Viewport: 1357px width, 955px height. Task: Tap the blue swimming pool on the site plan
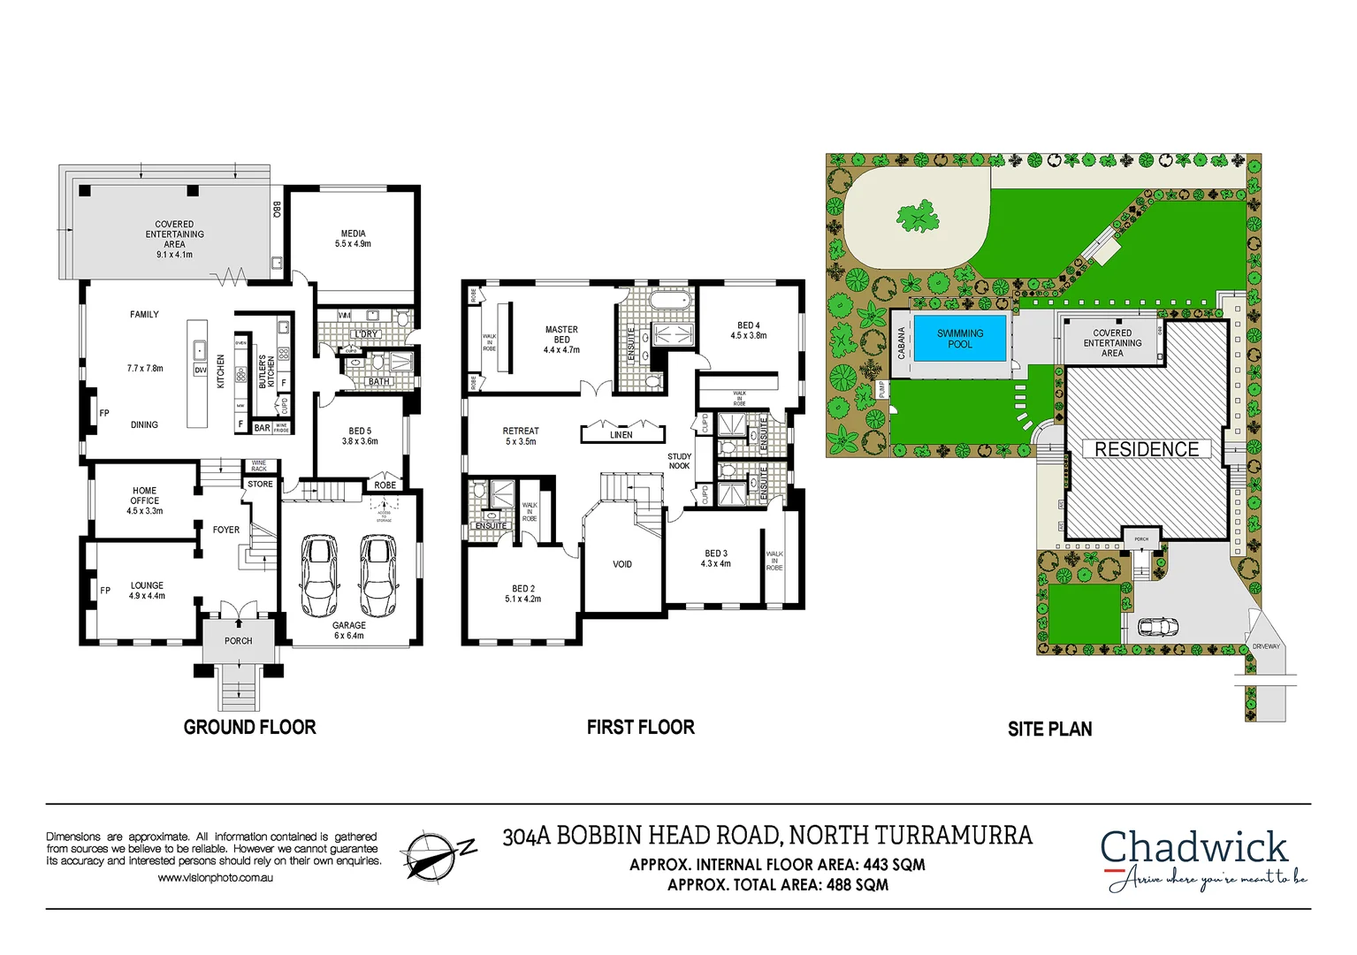960,339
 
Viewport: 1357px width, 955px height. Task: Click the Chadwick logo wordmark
1193,847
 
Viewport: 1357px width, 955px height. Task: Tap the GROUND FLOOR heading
249,727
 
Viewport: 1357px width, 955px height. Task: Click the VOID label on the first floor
622,564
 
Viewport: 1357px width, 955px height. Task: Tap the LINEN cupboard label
621,435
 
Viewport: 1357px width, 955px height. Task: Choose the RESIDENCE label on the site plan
1147,449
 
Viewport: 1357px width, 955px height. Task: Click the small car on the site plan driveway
1158,627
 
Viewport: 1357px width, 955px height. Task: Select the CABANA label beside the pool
902,343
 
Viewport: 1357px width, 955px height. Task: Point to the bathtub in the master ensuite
669,301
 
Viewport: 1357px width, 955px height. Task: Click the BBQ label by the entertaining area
277,210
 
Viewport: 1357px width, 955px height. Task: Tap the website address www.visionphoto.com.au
215,878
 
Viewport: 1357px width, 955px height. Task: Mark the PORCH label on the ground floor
238,641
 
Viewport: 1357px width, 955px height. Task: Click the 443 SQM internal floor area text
894,865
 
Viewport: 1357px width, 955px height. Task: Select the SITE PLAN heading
1049,729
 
